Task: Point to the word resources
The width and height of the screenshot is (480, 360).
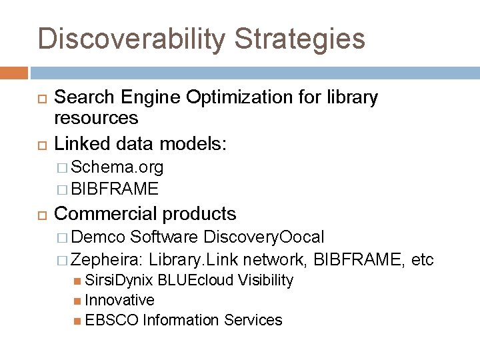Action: click(96, 119)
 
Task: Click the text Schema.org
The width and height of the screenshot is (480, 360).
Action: click(117, 166)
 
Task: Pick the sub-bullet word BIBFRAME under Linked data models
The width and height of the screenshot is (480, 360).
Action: click(115, 189)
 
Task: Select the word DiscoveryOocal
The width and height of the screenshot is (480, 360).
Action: click(265, 237)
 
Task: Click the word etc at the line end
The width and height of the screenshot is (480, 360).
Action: click(423, 259)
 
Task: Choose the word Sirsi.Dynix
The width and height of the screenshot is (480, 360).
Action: click(119, 281)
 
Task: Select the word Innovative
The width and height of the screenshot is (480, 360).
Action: click(120, 301)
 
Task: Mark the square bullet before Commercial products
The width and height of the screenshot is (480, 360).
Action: click(43, 215)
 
